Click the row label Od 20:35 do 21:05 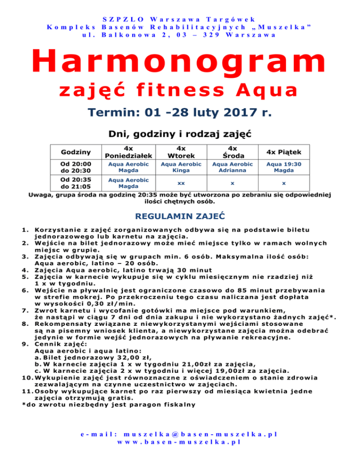tap(75, 183)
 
